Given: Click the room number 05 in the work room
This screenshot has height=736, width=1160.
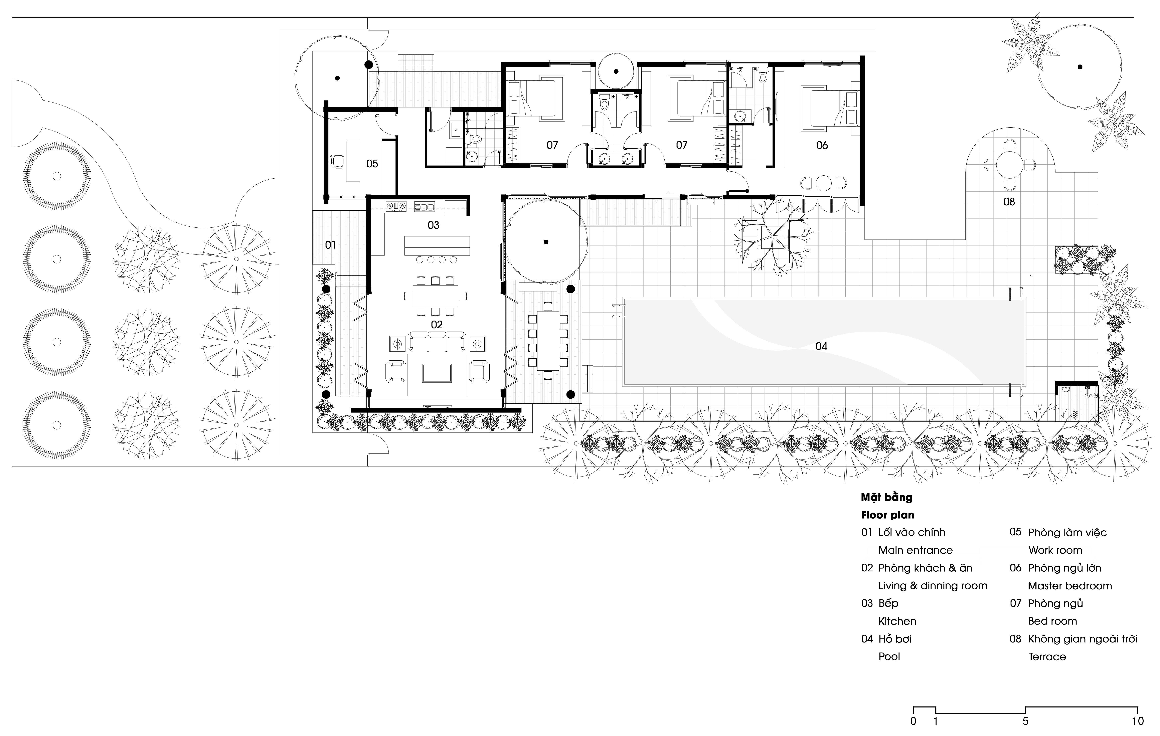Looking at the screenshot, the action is pos(372,164).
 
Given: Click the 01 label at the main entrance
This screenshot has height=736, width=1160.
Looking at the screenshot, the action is pos(330,245).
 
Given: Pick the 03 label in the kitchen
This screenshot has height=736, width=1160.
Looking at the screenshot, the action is pos(434,225).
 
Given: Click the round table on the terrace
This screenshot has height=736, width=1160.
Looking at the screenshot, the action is pos(1009,165).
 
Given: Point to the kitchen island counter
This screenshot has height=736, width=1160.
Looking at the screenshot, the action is pos(437,246).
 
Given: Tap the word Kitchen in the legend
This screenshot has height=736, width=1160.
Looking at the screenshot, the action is pos(897,621).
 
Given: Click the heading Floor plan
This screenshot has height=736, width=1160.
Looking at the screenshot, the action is pos(887,515).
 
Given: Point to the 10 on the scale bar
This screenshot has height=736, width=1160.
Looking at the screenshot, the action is pos(1137,721).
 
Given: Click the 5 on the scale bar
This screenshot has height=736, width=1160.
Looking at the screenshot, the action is pos(1025,721).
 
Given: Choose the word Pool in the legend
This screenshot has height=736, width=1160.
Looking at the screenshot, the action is pos(889,657).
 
